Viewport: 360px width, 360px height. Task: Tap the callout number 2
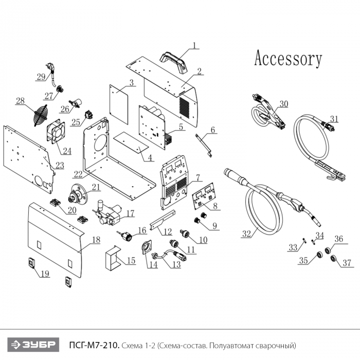(x=199, y=71)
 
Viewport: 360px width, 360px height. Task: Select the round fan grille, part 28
(x=42, y=116)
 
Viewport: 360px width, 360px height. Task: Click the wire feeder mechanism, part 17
(x=107, y=213)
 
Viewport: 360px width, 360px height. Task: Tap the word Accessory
(x=288, y=59)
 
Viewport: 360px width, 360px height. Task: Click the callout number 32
(x=247, y=234)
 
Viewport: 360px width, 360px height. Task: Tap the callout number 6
(x=213, y=129)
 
